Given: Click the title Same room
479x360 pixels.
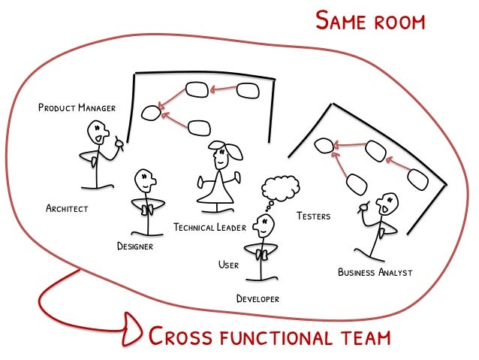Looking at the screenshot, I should pos(370,20).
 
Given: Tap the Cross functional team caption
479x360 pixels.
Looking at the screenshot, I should pos(270,336).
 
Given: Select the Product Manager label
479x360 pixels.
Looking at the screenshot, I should pos(77,108).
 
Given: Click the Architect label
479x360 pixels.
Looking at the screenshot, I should pos(66,208).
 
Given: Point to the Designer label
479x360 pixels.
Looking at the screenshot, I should pos(135,246).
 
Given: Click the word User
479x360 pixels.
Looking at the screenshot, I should pos(228,265).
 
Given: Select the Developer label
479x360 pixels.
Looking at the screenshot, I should pos(258,298).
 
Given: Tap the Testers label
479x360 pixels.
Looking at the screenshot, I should pos(313,216).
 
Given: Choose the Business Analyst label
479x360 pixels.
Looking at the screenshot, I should pos(375,272).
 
